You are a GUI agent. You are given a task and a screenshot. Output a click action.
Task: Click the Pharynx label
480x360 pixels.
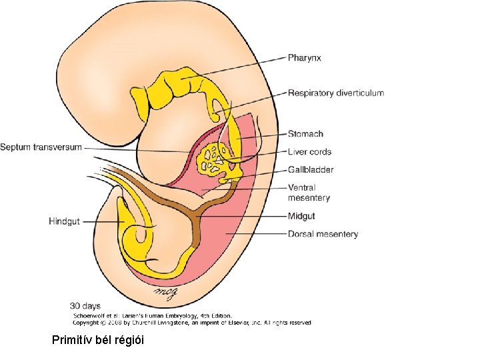click(x=304, y=58)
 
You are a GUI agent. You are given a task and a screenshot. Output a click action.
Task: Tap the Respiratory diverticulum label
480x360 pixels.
click(x=335, y=93)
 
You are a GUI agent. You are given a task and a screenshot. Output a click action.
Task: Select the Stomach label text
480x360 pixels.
click(x=305, y=134)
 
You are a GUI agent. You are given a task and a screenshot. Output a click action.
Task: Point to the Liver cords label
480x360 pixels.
click(x=309, y=152)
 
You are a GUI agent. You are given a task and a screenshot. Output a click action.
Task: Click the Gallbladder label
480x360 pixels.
click(x=311, y=170)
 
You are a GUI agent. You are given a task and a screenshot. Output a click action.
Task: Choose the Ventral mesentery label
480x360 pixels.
click(x=309, y=193)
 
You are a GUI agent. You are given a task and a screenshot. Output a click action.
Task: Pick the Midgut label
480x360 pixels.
click(x=301, y=216)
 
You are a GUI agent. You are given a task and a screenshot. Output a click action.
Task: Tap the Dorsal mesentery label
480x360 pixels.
click(x=323, y=234)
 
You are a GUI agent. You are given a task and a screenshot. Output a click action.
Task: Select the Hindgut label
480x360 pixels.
click(x=64, y=221)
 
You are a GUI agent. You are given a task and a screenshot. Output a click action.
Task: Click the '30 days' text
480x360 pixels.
click(x=85, y=306)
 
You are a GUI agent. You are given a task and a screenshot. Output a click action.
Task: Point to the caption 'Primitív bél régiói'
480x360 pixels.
click(x=97, y=341)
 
